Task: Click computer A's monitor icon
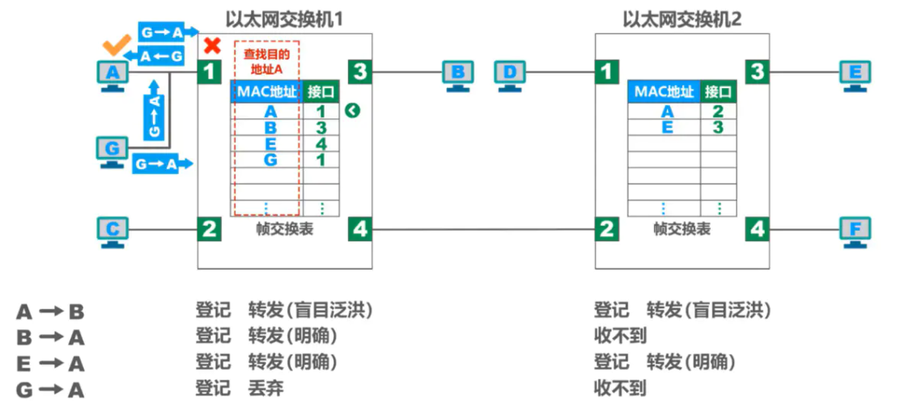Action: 114,74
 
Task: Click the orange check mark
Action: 117,46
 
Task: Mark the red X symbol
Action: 213,45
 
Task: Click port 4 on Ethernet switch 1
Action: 360,230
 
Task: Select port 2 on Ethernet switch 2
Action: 606,230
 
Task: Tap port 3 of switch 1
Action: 360,72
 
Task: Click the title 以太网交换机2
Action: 682,19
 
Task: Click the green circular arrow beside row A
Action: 351,111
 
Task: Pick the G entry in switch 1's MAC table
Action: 270,159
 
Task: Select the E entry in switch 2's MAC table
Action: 667,127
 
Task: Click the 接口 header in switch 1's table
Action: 321,91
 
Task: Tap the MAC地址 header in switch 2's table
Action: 664,91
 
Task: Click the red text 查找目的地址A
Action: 266,62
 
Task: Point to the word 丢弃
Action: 265,389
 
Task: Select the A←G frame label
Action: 161,57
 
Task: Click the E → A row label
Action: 49,363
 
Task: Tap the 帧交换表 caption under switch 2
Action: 682,229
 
